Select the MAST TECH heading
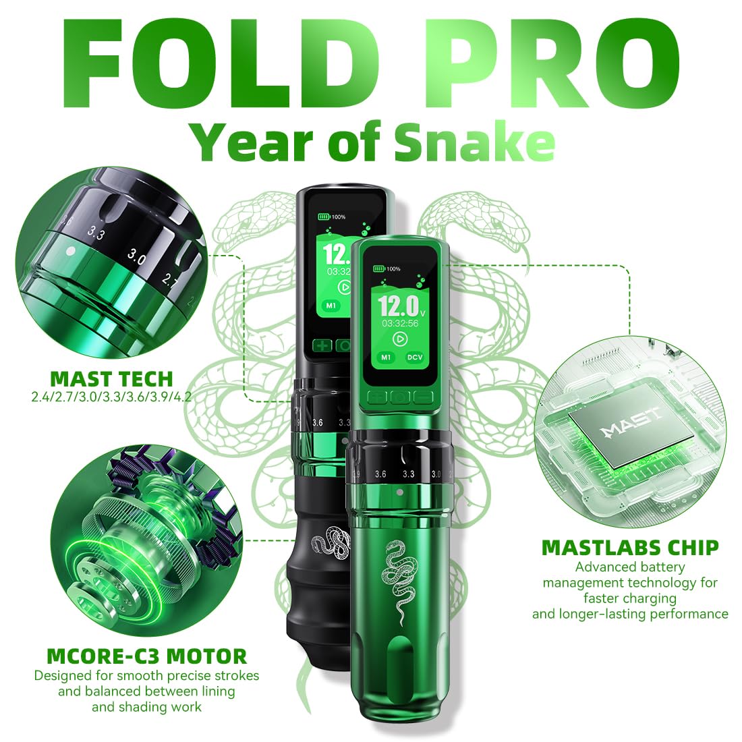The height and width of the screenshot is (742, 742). pyautogui.click(x=111, y=378)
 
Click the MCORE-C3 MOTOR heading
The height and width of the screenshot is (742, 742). pyautogui.click(x=147, y=655)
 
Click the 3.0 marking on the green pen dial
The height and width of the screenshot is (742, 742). pyautogui.click(x=436, y=474)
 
